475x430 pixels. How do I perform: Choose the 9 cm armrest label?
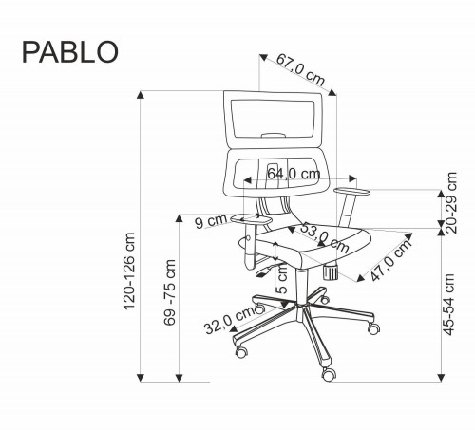click(210, 223)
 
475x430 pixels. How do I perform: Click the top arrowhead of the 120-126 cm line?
click(142, 93)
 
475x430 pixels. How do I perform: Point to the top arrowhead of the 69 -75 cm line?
click(180, 217)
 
